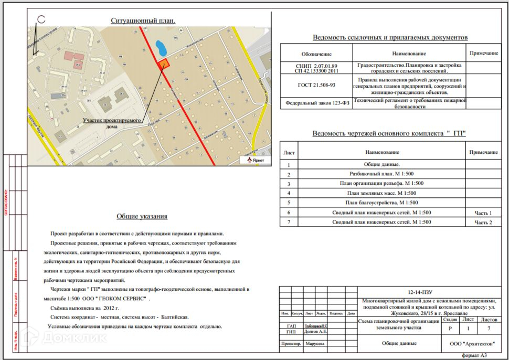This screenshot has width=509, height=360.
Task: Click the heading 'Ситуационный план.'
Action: click(142, 20)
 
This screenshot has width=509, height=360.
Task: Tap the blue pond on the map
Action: click(161, 49)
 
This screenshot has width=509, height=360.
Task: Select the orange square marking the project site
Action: click(164, 63)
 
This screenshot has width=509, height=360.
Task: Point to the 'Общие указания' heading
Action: click(142, 216)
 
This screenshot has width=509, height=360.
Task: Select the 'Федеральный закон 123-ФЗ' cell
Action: click(316, 103)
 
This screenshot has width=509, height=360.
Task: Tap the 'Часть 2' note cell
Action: click(483, 223)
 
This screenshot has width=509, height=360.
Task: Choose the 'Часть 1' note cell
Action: click(483, 213)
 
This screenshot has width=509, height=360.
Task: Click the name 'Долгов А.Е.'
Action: click(316, 332)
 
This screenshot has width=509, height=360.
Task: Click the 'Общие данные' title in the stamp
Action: click(399, 344)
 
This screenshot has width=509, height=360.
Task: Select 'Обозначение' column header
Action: click(316, 54)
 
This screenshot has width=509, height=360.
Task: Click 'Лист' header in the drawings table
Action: click(289, 152)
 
